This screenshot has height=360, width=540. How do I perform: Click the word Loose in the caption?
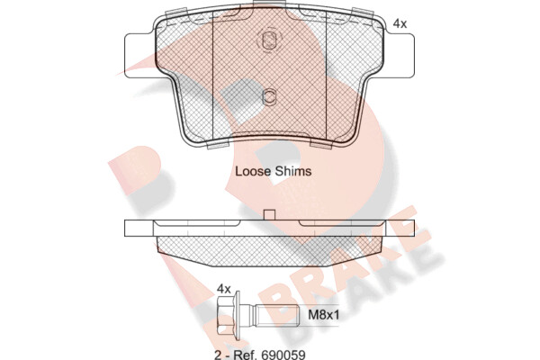coord(251,171)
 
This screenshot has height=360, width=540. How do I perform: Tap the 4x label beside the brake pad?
coord(400,23)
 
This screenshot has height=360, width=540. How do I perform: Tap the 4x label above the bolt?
coord(224,289)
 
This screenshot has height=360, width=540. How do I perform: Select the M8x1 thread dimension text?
coord(323,314)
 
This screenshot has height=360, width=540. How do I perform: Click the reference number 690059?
coord(283,355)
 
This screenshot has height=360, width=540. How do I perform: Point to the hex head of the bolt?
coord(229,315)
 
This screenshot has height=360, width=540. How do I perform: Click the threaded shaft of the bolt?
coord(277,315)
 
